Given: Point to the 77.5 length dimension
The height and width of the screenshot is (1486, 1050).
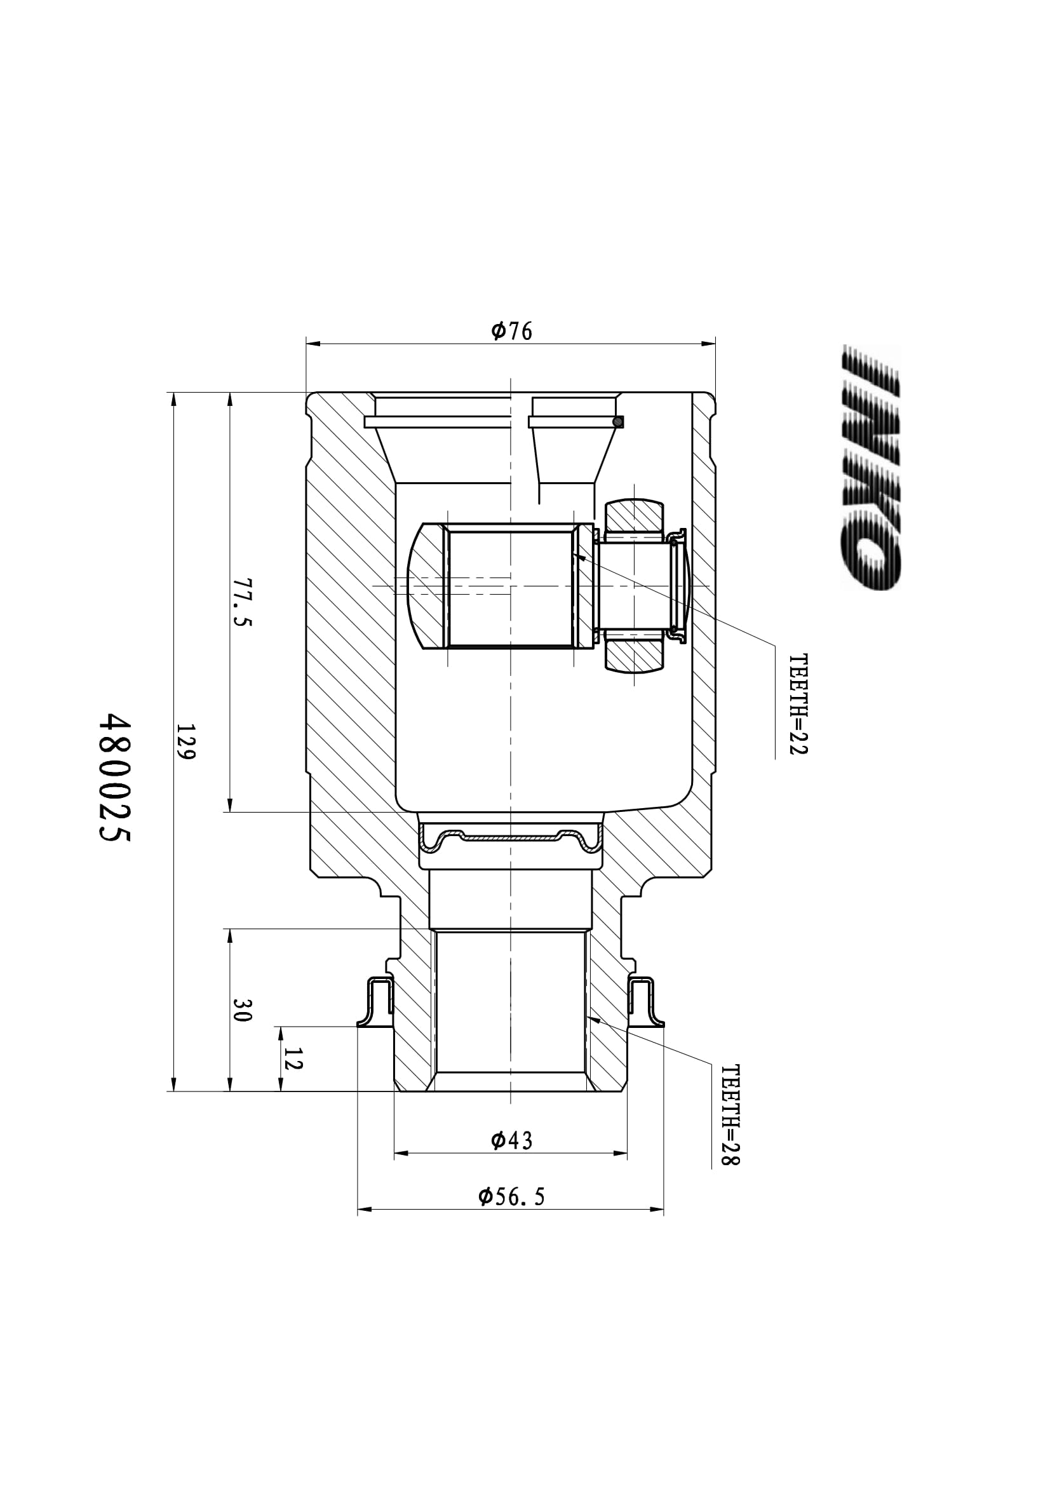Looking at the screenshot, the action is pos(242,602).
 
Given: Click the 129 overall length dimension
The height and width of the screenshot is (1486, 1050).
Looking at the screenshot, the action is pos(185,741).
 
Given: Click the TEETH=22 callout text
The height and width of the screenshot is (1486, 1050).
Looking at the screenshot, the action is pos(799,704).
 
